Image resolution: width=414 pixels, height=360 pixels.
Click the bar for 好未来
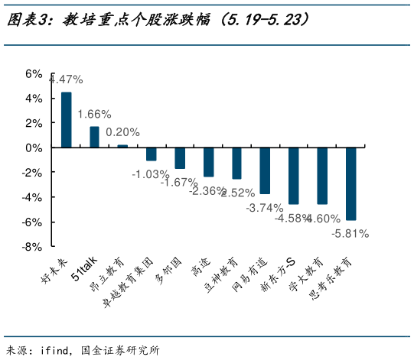tap(67, 120)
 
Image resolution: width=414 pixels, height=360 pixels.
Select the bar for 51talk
tap(95, 137)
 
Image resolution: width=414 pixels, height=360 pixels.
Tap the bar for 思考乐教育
tap(350, 183)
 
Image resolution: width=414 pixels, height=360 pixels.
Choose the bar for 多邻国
tap(180, 158)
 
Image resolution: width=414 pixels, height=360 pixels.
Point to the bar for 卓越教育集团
tap(152, 154)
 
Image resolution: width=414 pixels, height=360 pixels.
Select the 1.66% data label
tap(95, 114)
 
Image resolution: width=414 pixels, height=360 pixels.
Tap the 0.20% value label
tap(122, 131)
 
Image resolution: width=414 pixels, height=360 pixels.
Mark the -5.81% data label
tap(350, 233)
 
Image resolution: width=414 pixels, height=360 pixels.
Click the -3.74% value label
tap(264, 207)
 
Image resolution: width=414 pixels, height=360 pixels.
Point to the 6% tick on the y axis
tap(33, 73)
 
